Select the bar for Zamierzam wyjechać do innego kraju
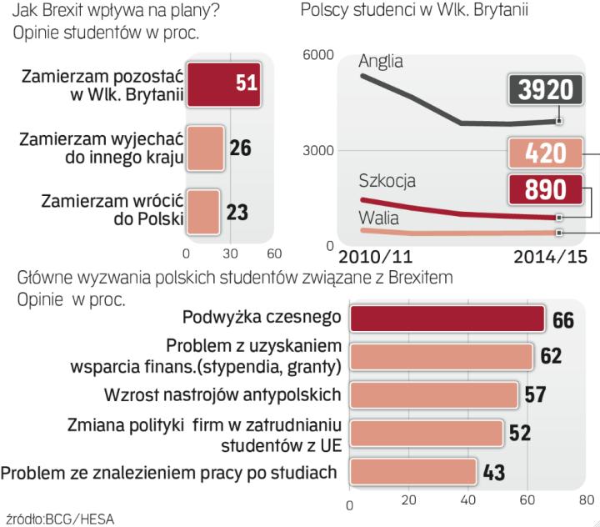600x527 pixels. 204,148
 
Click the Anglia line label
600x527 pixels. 381,61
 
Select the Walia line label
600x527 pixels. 378,218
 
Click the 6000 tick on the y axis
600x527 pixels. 317,56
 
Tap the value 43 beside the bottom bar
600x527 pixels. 494,472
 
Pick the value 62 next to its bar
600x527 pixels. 550,357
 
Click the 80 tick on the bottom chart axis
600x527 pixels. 586,501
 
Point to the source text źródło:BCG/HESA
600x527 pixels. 59,518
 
